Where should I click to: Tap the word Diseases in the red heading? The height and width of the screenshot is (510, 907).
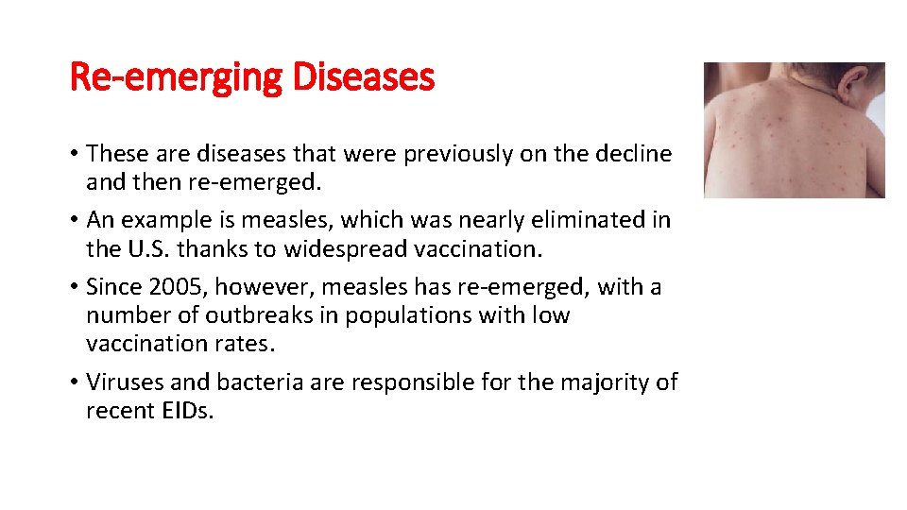(x=363, y=76)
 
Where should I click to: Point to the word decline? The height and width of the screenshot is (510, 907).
(x=632, y=153)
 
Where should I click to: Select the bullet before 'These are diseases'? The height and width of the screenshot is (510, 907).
(x=76, y=154)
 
